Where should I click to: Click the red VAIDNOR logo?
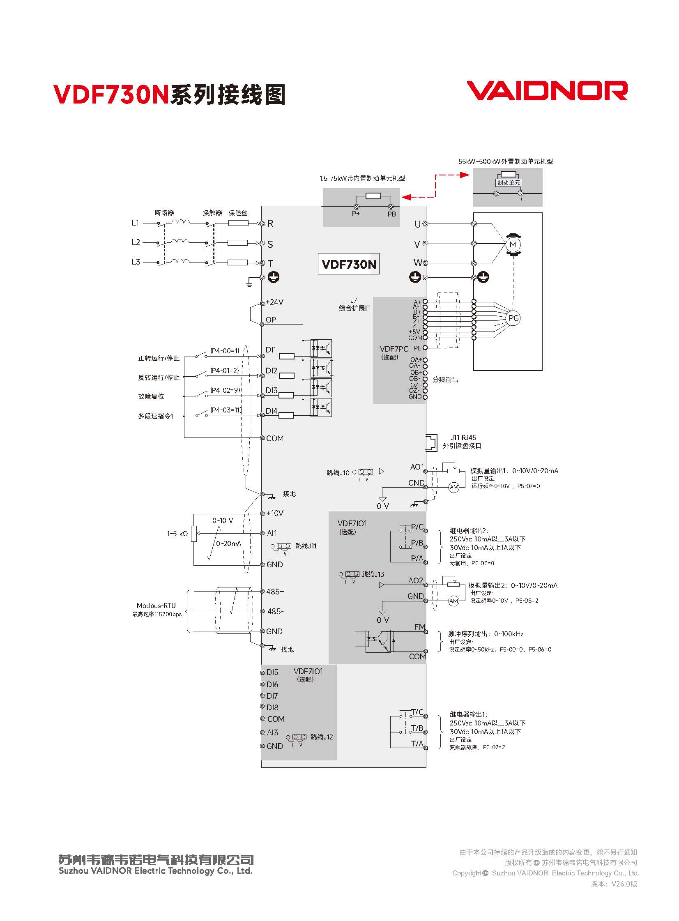click(547, 90)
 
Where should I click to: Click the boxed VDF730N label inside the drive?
click(349, 264)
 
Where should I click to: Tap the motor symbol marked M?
click(513, 245)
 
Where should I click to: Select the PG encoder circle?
click(513, 318)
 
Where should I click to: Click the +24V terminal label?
click(274, 302)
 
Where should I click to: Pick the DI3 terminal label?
click(271, 390)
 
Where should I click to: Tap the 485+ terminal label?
click(275, 592)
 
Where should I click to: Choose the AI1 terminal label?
click(272, 533)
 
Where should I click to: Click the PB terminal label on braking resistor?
click(392, 214)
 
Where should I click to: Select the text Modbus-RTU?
click(156, 606)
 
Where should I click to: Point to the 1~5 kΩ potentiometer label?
click(177, 534)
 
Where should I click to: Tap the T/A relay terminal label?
click(417, 743)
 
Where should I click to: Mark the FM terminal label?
click(420, 627)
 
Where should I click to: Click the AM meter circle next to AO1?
click(454, 488)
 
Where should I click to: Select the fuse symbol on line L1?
click(238, 223)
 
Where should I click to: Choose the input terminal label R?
click(270, 223)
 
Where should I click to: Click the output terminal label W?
click(417, 262)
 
